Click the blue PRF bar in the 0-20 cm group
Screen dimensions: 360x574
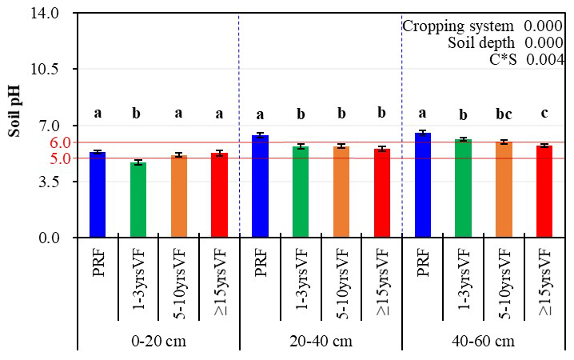tap(98, 195)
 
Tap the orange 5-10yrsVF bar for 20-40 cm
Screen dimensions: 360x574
tap(341, 192)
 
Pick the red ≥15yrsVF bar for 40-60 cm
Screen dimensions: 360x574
tap(544, 192)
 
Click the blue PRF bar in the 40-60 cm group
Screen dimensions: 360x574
tap(423, 186)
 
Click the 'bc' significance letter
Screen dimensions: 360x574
tap(504, 114)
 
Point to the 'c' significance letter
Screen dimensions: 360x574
tap(544, 114)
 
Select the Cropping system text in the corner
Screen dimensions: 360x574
tap(457, 26)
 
